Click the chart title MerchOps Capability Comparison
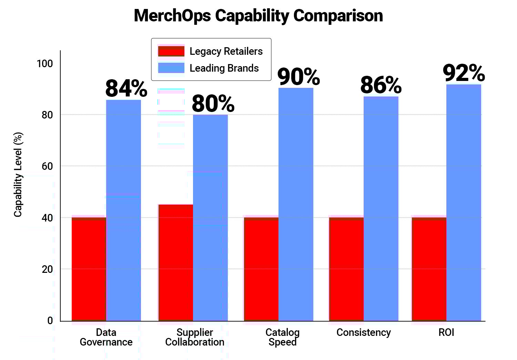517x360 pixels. point(258,16)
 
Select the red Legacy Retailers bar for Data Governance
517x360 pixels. point(89,269)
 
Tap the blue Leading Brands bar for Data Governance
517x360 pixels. point(123,210)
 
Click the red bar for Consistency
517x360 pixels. point(346,269)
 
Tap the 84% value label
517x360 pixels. point(126,89)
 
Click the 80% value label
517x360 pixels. point(213,103)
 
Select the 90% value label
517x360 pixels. point(298,76)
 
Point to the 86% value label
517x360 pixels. point(381,85)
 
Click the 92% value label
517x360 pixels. point(464,73)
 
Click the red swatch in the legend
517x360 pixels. point(171,51)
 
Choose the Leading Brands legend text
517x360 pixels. point(224,68)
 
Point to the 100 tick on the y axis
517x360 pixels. point(45,63)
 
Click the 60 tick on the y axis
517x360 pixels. point(47,166)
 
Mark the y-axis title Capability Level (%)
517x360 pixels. point(18,175)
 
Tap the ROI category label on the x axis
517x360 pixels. point(446,332)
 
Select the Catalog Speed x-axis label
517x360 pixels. point(282,337)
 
